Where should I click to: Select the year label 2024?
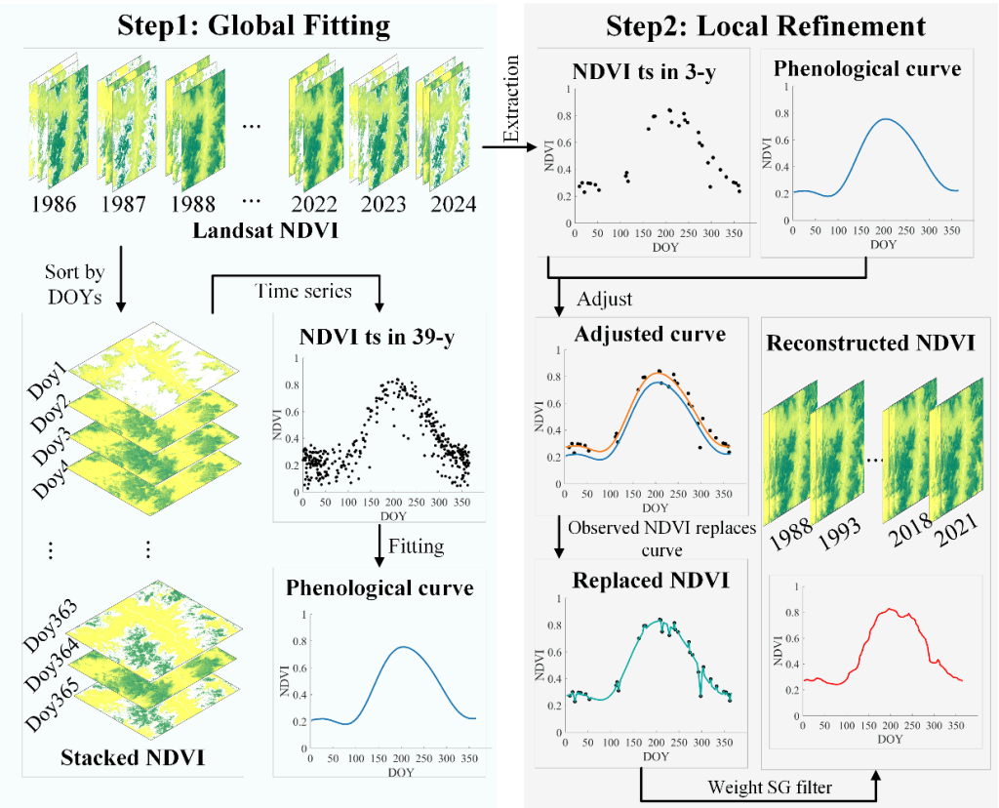[x=445, y=205]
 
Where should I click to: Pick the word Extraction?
[x=510, y=99]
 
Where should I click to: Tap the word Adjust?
[x=604, y=297]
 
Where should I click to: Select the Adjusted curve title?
[x=650, y=334]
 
